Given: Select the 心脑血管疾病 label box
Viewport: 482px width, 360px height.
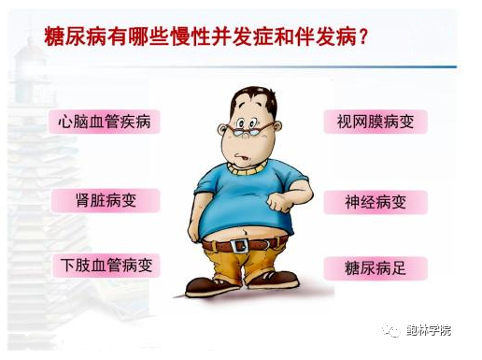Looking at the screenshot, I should click(104, 122).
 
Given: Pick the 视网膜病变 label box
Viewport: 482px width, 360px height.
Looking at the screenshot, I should click(375, 122).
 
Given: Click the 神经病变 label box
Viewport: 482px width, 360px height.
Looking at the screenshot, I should click(375, 201).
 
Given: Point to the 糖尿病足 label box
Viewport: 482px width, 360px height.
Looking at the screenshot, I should click(375, 269).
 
